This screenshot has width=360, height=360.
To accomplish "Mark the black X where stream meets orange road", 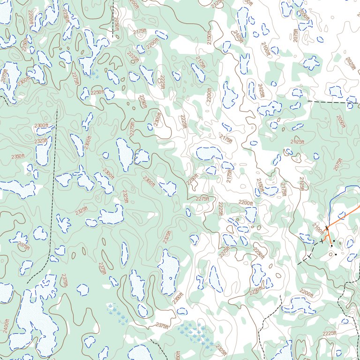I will click(x=327, y=227).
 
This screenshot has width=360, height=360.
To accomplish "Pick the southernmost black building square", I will click(x=336, y=255).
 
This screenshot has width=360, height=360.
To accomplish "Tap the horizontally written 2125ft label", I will click(x=297, y=142).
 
